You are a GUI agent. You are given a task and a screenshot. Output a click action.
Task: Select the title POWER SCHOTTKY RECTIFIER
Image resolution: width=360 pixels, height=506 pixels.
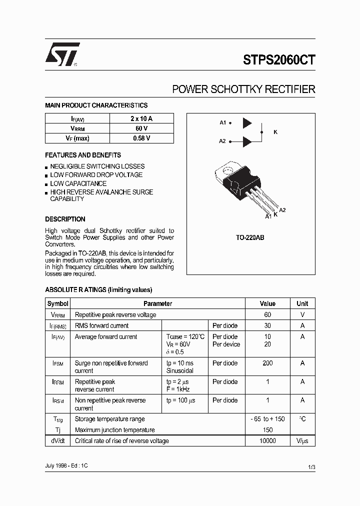[243, 89]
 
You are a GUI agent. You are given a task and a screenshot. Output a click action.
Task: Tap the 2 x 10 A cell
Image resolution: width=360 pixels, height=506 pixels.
[141, 118]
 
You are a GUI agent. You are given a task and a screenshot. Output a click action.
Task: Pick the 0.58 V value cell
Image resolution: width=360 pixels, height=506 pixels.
[141, 138]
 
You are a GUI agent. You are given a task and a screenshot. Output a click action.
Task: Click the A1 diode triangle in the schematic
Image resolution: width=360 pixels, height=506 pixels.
[247, 123]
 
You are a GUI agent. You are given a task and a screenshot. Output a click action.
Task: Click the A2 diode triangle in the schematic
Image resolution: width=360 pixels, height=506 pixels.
[247, 141]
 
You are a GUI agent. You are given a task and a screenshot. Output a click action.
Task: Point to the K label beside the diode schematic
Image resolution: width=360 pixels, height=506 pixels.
[275, 132]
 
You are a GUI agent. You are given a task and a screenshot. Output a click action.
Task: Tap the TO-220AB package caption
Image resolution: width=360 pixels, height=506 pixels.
[250, 238]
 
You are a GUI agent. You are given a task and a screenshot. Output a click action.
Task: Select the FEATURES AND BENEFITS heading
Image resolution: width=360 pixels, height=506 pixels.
[83, 155]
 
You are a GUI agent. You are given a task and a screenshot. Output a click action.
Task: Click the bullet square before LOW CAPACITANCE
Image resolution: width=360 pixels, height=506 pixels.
[46, 184]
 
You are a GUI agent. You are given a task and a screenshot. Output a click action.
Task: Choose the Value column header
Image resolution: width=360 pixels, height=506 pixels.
[267, 303]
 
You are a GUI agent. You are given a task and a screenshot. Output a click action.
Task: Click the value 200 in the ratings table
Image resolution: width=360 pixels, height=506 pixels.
[267, 363]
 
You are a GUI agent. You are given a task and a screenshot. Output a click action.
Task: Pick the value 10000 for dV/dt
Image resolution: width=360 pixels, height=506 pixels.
[267, 440]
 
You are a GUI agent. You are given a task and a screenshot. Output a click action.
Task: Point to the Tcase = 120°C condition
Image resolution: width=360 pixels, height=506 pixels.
[185, 336]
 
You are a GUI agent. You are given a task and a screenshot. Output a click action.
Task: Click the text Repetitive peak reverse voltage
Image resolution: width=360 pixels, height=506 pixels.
[115, 314]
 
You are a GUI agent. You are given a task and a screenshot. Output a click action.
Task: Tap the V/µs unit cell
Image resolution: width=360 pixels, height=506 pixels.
[302, 440]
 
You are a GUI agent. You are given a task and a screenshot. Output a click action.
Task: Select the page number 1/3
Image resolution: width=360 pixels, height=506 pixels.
[311, 467]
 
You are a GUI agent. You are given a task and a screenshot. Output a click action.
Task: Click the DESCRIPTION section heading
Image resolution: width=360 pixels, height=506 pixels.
[65, 219]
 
